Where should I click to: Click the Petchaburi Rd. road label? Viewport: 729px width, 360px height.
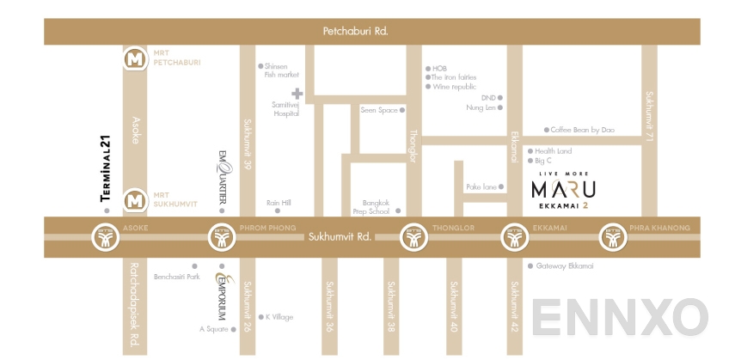(x=355, y=32)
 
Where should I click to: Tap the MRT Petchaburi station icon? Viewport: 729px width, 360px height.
(x=134, y=60)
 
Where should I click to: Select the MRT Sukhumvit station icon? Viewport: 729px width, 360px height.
(x=134, y=200)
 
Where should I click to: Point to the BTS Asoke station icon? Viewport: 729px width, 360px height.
(x=104, y=236)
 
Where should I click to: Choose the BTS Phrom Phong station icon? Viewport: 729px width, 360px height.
(x=222, y=236)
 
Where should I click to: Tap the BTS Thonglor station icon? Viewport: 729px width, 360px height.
(x=414, y=236)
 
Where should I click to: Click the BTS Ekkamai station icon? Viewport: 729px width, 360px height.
(x=514, y=236)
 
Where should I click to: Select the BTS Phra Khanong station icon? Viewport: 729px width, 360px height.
(x=614, y=236)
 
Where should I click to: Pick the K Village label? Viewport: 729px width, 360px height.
(x=279, y=316)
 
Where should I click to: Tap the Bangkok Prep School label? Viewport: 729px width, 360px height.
(x=371, y=207)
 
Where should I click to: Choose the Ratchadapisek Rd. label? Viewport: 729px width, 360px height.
(x=134, y=304)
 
